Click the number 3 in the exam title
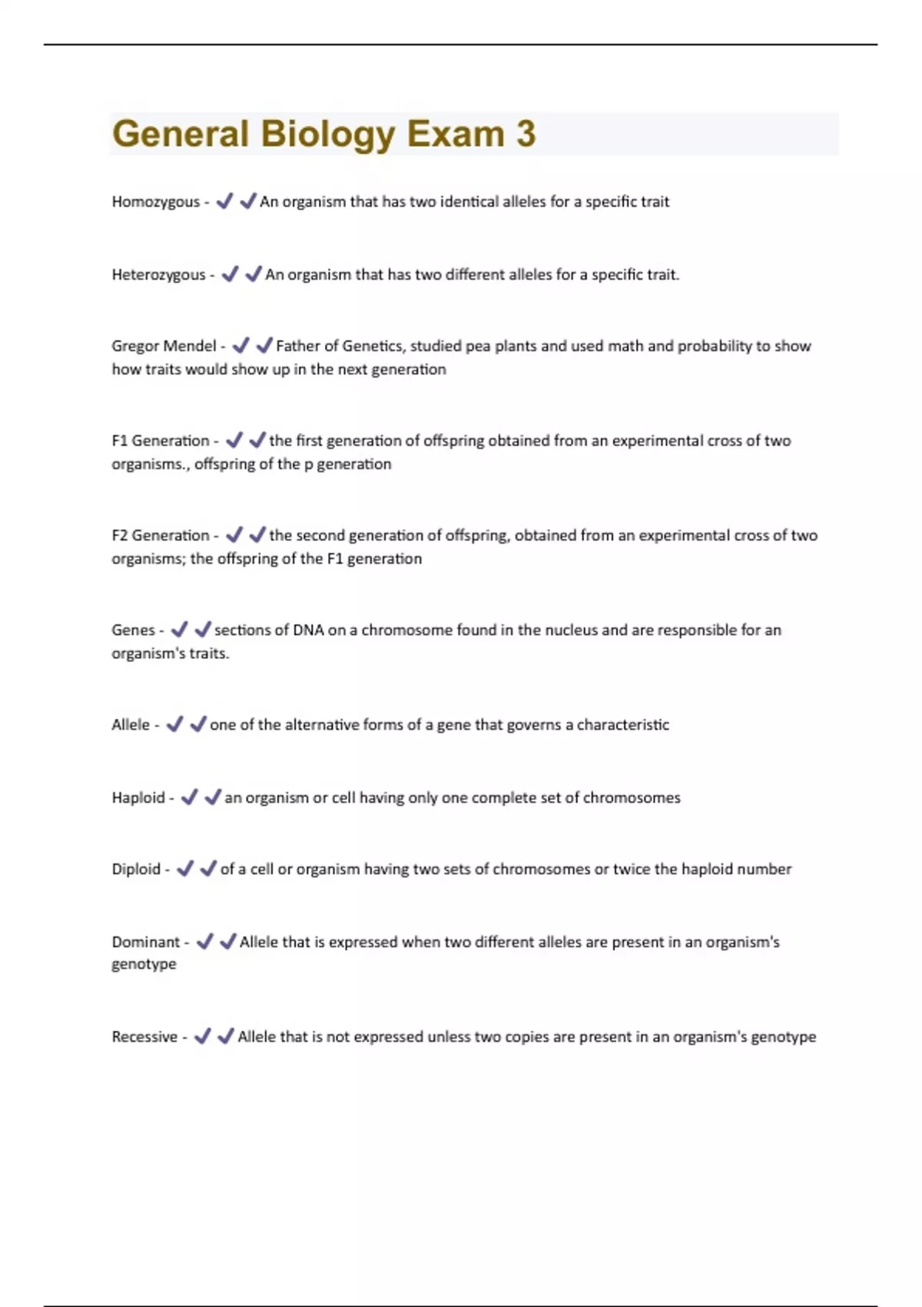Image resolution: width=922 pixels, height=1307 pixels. point(526,134)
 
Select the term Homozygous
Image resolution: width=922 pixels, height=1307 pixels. point(155,202)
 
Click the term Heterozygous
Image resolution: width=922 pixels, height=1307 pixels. point(158,275)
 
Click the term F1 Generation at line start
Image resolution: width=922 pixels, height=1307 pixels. point(160,441)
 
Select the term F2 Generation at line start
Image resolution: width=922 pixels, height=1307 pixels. point(160,536)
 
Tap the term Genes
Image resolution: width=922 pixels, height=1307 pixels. point(133,630)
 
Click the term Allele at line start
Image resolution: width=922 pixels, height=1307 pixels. point(131,725)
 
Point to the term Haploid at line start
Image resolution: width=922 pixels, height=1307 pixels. point(138,798)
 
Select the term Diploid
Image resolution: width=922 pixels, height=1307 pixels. point(136,870)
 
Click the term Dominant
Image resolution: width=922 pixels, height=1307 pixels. point(145,943)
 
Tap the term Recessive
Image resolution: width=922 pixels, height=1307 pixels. point(144,1037)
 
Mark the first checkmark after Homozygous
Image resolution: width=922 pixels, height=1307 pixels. point(224,201)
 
